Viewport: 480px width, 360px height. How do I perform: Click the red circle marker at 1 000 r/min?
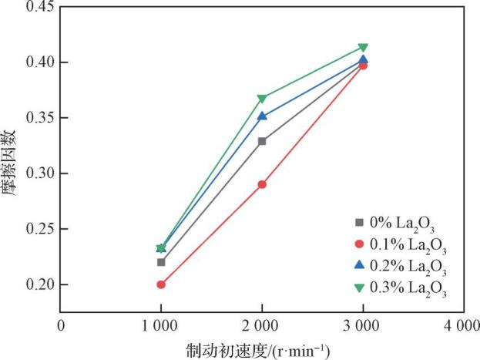tap(161, 284)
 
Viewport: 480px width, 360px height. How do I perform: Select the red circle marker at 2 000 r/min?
tap(262, 184)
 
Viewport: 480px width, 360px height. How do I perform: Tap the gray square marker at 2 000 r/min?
tap(262, 141)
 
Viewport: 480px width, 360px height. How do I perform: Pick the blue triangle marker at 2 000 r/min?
tap(262, 116)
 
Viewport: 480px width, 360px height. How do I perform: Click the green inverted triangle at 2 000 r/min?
tap(262, 99)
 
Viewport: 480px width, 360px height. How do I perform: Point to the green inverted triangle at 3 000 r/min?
tap(363, 48)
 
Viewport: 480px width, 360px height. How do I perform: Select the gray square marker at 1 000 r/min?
tap(161, 262)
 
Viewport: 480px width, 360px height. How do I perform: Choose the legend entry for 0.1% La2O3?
tap(401, 245)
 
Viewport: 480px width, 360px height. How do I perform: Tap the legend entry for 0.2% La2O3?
tap(401, 267)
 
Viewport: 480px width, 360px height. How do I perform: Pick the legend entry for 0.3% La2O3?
tap(401, 288)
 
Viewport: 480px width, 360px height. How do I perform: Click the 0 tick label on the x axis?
tap(61, 325)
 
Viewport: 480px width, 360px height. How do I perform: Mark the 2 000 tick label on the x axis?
tap(262, 325)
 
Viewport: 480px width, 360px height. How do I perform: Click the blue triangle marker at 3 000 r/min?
tap(363, 59)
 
